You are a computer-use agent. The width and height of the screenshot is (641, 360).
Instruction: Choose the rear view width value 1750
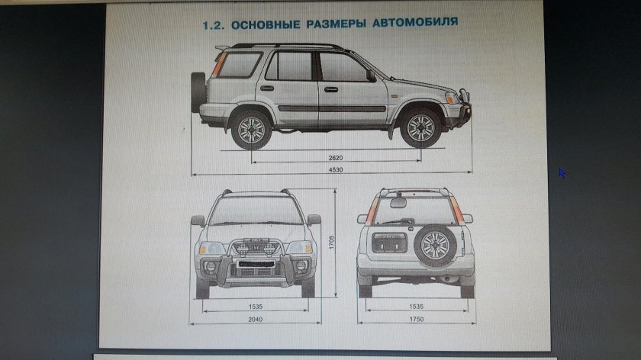(x=415, y=319)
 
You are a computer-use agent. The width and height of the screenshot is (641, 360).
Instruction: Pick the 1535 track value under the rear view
(x=415, y=307)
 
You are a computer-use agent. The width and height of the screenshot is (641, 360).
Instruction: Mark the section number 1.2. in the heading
(x=213, y=24)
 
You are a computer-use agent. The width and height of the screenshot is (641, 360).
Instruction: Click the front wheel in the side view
(x=420, y=129)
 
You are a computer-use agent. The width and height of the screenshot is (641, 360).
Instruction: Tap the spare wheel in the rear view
(x=435, y=246)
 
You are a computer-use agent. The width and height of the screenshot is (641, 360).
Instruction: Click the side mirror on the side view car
(x=371, y=76)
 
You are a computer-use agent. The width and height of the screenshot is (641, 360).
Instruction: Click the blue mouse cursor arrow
(x=562, y=173)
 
